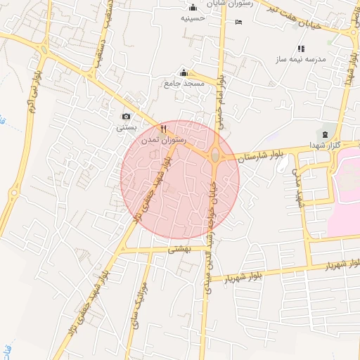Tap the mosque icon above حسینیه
click(x=193, y=7)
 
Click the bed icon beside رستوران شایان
click(x=238, y=22)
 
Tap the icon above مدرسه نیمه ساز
click(x=302, y=49)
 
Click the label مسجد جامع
click(x=184, y=84)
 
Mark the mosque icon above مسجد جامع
click(x=184, y=72)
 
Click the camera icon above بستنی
click(x=126, y=116)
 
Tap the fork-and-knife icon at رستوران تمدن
click(x=163, y=129)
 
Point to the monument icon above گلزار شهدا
click(x=324, y=134)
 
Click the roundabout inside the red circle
click(x=214, y=155)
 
